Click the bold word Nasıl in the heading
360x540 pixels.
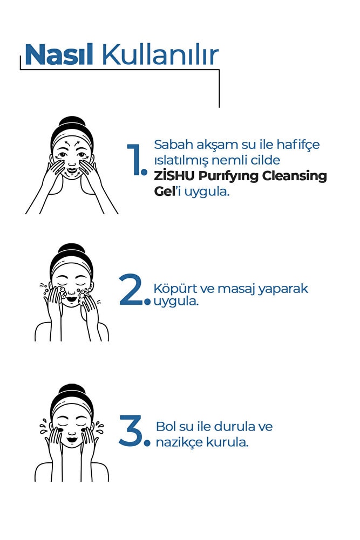pyautogui.click(x=59, y=55)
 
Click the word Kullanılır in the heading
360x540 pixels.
pyautogui.click(x=160, y=54)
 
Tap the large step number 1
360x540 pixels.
pyautogui.click(x=137, y=160)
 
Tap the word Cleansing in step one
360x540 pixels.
pyautogui.click(x=295, y=176)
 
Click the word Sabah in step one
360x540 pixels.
pyautogui.click(x=173, y=144)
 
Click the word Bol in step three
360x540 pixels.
pyautogui.click(x=166, y=426)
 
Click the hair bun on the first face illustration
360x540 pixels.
pyautogui.click(x=72, y=122)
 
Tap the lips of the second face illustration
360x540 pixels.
pyautogui.click(x=72, y=299)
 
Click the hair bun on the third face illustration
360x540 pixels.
pyautogui.click(x=72, y=390)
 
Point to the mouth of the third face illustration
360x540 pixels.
pyautogui.click(x=72, y=440)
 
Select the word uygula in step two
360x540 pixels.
pyautogui.click(x=176, y=302)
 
